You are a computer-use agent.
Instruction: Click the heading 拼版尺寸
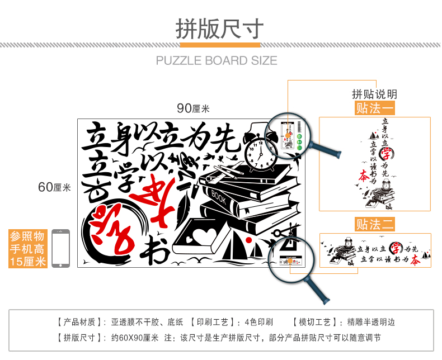(220, 27)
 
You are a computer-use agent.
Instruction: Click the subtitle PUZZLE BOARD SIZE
(217, 60)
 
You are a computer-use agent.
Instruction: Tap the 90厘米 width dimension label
(193, 108)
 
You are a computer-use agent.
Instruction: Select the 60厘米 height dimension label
(54, 187)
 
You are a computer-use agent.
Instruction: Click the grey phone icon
(60, 249)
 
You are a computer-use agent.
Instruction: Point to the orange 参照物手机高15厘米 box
(27, 248)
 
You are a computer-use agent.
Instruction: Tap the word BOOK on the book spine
(219, 197)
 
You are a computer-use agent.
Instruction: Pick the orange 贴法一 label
(374, 108)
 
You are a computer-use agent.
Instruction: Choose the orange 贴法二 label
(374, 225)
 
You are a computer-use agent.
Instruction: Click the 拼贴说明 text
(374, 94)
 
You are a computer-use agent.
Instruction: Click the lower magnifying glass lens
(289, 260)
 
